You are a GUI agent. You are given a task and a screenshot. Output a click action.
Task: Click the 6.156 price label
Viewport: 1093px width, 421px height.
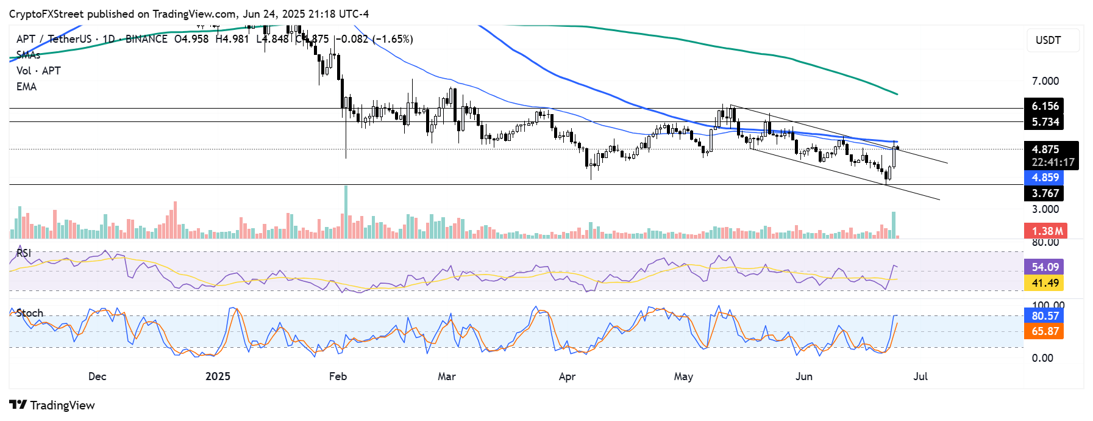tap(1045, 106)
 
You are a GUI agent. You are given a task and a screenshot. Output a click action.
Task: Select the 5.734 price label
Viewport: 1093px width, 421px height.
tap(1045, 122)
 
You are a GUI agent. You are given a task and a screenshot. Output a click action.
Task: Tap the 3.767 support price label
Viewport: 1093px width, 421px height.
tap(1045, 193)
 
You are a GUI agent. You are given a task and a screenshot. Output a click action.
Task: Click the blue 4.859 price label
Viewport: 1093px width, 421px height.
tap(1045, 178)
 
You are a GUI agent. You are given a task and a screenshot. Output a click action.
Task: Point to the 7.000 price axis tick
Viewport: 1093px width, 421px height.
tap(1045, 81)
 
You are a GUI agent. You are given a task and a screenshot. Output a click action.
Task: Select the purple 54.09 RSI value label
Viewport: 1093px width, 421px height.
tap(1045, 267)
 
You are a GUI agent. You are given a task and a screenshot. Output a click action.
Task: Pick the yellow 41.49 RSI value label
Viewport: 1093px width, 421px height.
tap(1045, 283)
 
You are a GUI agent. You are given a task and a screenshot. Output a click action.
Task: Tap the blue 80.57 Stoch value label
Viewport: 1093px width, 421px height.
tap(1045, 315)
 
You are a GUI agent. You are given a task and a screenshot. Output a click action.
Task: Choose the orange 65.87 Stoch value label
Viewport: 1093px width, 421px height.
tap(1045, 331)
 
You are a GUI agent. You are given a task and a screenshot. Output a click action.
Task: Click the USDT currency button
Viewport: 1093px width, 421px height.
tap(1053, 40)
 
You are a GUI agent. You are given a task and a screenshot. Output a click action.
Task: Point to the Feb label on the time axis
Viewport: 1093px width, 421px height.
tap(338, 376)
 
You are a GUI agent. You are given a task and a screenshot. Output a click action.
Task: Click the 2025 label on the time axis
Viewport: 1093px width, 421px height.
tap(218, 376)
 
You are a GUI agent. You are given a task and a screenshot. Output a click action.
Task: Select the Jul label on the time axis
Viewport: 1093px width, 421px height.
tap(920, 376)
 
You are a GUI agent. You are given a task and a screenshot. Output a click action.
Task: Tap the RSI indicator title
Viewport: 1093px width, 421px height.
tap(24, 253)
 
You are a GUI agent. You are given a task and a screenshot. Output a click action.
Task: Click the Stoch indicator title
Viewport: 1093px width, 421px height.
tap(29, 313)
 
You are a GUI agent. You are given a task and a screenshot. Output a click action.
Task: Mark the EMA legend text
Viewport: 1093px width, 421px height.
tap(26, 87)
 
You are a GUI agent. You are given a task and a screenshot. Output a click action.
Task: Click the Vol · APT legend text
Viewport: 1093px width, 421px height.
tap(38, 71)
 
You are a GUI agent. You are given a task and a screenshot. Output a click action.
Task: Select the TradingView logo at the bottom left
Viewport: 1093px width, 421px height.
tap(52, 405)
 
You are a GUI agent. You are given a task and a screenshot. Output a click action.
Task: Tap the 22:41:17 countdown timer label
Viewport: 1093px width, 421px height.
tap(1053, 163)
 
